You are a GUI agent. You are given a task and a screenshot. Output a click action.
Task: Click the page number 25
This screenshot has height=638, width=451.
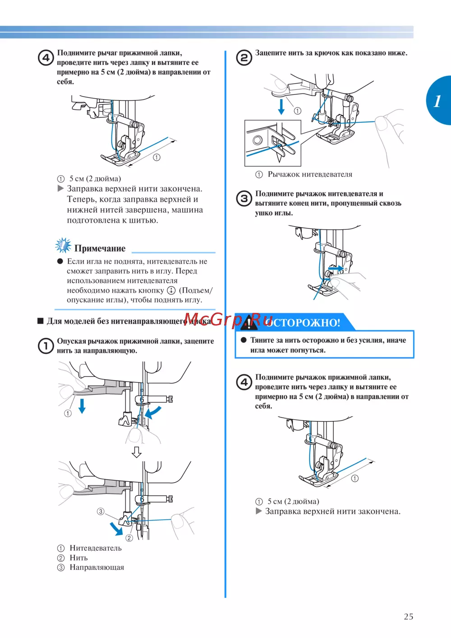408,616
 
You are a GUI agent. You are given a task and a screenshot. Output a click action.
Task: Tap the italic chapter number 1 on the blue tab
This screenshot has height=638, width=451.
437,101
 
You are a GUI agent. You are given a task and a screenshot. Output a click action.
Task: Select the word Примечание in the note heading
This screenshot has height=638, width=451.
100,248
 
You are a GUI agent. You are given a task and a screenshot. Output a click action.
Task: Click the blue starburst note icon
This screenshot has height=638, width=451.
63,245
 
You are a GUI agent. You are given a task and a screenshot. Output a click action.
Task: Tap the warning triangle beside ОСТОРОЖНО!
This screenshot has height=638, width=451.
249,322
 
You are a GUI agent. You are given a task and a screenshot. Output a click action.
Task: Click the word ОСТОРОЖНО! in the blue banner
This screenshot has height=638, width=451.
303,323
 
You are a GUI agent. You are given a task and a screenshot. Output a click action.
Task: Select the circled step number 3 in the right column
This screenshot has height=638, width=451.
244,198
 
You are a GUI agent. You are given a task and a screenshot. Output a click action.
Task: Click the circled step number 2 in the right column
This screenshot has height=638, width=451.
244,57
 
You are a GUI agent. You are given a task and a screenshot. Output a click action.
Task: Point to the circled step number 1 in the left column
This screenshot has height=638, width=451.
46,346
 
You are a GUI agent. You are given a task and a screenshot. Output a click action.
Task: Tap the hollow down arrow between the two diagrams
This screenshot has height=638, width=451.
137,452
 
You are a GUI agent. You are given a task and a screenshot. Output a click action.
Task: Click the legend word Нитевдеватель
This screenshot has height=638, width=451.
96,548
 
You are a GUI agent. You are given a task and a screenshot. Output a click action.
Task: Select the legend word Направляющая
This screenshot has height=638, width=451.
97,568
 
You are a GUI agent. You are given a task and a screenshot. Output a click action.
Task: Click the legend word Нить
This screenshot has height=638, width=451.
79,558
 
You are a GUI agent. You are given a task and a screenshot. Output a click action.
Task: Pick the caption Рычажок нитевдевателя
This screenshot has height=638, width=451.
310,174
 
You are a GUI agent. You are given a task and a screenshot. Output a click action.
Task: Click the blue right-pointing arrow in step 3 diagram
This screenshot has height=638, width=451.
336,268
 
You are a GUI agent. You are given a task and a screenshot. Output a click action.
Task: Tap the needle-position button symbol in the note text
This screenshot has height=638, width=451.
171,290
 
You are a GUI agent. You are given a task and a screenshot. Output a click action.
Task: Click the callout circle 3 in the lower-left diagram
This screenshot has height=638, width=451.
101,512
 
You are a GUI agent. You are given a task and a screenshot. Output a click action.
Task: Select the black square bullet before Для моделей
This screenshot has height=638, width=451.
41,321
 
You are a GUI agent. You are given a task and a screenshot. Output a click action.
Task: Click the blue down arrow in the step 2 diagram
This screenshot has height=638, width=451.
281,107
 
